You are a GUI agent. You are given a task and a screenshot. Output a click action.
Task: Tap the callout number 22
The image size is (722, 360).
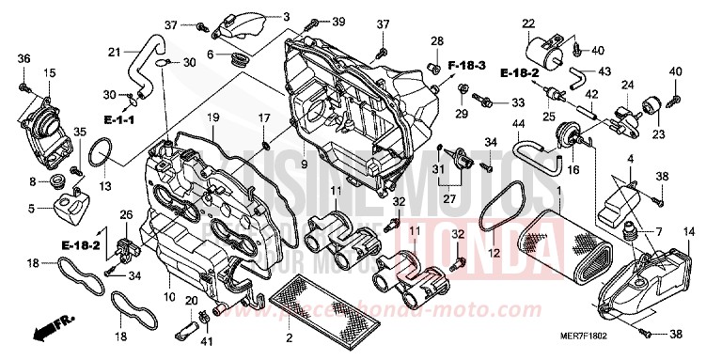tap(528, 23)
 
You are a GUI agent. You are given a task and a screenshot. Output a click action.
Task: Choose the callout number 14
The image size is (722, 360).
tap(689, 231)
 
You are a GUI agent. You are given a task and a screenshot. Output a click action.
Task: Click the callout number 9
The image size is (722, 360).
tap(305, 164)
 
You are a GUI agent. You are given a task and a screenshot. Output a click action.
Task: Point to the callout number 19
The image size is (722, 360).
tap(213, 117)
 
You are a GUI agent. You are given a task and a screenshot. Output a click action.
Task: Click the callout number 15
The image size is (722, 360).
tap(49, 72)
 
